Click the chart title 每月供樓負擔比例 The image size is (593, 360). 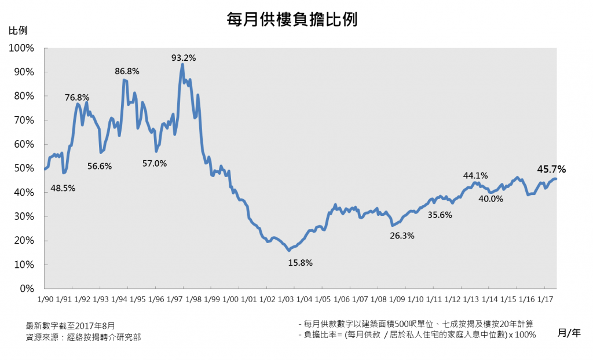point(292,20)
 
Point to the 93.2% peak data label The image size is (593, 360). point(184,57)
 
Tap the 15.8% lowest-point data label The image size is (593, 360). point(300,263)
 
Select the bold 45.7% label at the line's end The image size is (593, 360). point(551,170)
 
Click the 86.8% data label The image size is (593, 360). point(127,71)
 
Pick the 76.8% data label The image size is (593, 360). point(76,97)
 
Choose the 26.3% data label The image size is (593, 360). point(402,236)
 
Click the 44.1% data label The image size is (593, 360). point(475,176)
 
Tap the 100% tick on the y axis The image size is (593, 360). point(24,48)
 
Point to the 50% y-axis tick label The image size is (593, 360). point(26,168)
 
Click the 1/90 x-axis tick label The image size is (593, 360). point(45,299)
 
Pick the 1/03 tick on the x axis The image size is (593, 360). point(285,299)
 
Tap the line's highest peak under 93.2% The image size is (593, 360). point(182,64)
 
